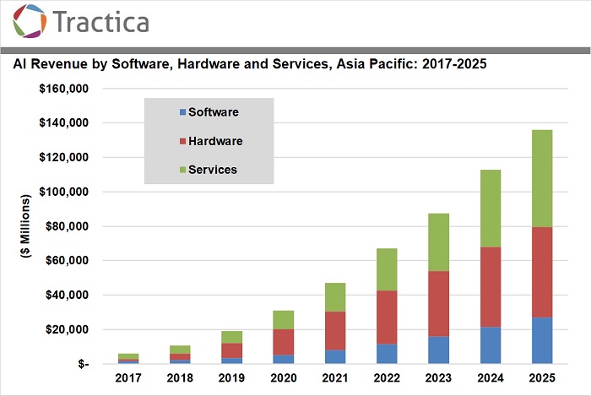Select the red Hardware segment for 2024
[x=490, y=287]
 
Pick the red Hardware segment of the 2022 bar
[x=386, y=317]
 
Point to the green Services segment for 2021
[x=335, y=297]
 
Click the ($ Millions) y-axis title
[x=26, y=226]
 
